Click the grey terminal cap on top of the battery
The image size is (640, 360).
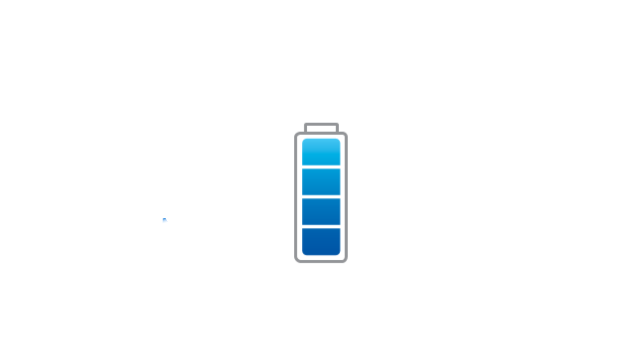coord(321,126)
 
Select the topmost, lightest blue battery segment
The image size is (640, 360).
coord(321,151)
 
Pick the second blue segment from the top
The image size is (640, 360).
coord(321,182)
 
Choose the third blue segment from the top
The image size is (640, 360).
coord(321,212)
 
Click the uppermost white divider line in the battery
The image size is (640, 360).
coord(321,167)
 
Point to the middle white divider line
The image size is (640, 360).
coord(321,197)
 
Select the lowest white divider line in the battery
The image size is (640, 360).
coord(321,227)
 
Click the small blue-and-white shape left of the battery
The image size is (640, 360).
coord(165,220)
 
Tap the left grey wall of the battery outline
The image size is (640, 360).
coord(296,197)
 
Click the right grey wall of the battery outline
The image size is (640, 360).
coord(346,197)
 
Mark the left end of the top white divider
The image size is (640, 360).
coord(300,167)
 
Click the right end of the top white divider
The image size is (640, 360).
coord(342,167)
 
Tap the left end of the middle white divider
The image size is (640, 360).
coord(300,197)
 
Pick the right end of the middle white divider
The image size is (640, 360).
coord(342,197)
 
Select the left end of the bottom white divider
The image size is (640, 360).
coord(300,227)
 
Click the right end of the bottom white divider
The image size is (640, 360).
coord(342,227)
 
